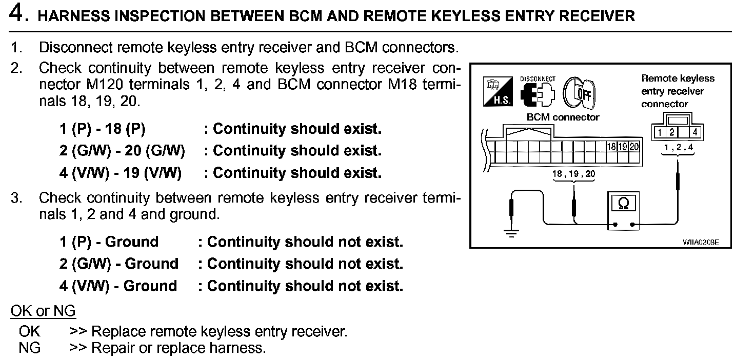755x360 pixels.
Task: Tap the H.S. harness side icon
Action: pos(498,92)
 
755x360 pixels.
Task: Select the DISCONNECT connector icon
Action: pos(538,92)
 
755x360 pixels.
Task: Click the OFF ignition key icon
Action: pos(579,93)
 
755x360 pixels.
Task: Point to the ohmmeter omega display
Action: pos(624,203)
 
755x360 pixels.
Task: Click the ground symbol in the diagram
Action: pos(511,233)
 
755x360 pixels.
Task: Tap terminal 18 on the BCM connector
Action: pos(611,147)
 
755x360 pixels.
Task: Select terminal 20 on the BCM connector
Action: pos(634,147)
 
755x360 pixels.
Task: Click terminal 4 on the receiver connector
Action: pos(694,132)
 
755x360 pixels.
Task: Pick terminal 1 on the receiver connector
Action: pos(660,132)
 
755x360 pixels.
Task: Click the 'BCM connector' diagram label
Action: pos(563,117)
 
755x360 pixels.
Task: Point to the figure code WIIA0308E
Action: pos(701,242)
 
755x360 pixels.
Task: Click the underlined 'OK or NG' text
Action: pos(43,310)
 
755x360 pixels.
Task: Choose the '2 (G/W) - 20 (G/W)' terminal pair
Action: pos(122,150)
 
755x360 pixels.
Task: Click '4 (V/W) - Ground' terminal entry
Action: pos(118,286)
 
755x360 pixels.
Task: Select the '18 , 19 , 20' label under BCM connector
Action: pos(573,174)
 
